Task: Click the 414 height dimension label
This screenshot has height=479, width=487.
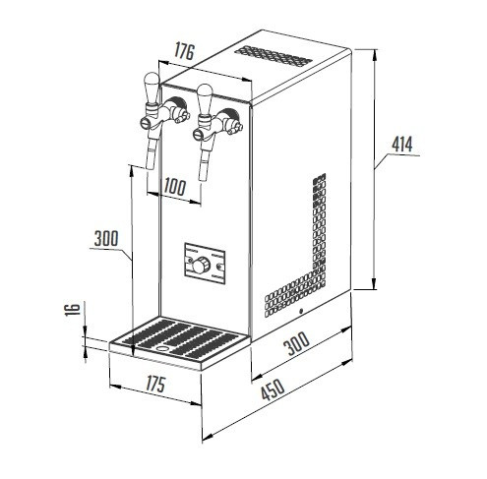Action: click(x=402, y=144)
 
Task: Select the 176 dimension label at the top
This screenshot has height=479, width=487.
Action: click(x=184, y=51)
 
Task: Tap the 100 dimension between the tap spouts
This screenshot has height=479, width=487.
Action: click(x=175, y=187)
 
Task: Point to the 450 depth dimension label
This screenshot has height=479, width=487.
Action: click(x=273, y=389)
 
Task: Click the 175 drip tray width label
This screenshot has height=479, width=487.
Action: click(x=155, y=384)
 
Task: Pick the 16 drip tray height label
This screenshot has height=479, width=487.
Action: click(x=73, y=309)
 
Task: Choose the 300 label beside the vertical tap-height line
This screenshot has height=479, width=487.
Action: click(x=106, y=238)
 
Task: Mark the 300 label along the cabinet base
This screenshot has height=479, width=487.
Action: click(x=296, y=343)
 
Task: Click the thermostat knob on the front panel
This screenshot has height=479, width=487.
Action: click(x=200, y=265)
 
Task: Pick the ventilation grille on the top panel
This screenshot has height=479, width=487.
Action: click(x=274, y=56)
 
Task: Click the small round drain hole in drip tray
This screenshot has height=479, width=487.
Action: click(x=161, y=348)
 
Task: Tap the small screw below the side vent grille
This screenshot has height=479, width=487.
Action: click(x=301, y=311)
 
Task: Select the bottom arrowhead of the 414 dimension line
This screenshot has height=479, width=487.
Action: click(x=374, y=283)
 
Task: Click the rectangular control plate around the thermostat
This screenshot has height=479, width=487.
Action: click(x=205, y=264)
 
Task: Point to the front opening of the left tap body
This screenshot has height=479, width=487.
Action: click(x=145, y=123)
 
